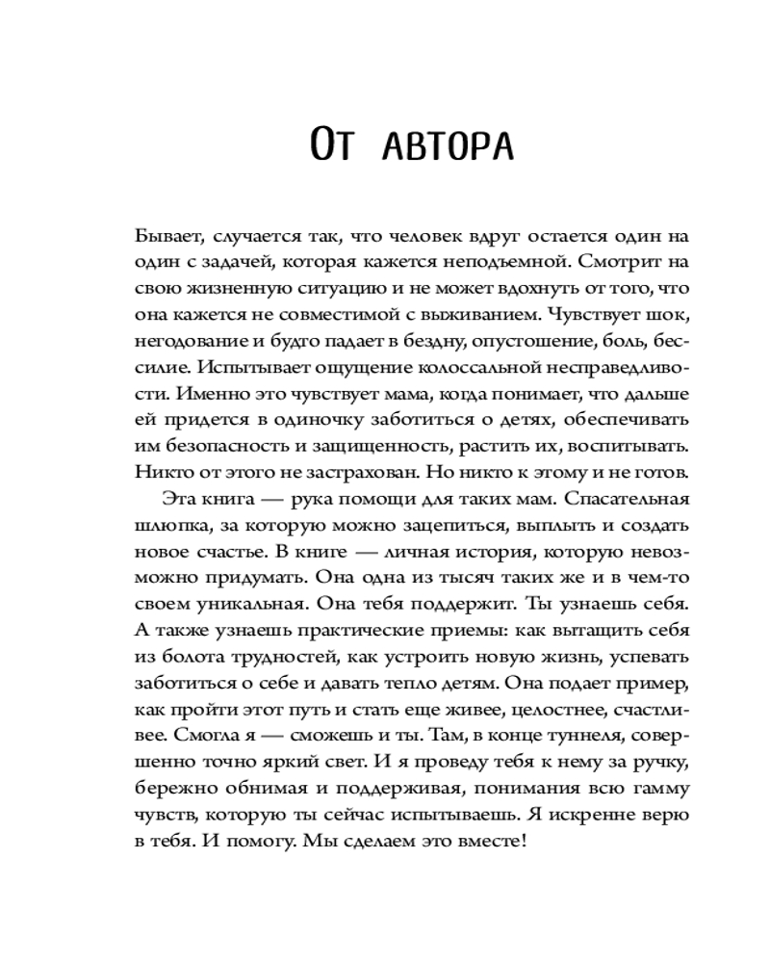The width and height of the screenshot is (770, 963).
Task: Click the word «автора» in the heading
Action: pos(449,146)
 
